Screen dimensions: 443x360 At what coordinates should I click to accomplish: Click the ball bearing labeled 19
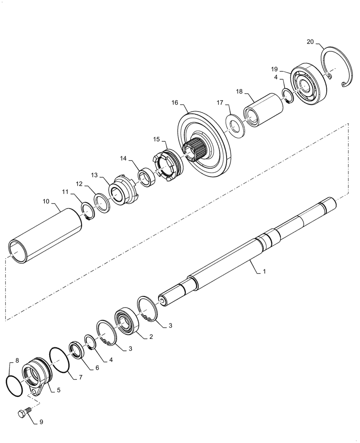pos(309,86)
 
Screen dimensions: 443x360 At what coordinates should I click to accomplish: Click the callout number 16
pos(175,102)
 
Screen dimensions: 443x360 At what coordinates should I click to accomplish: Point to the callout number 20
pos(310,42)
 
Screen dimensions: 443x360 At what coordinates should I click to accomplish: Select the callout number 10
pos(46,201)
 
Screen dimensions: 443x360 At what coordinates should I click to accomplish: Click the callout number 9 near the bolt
pos(41,422)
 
